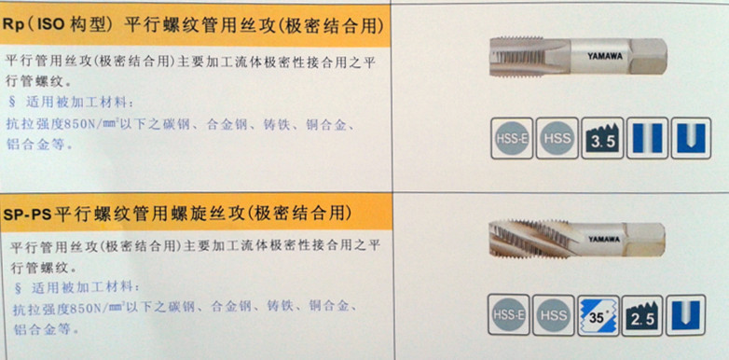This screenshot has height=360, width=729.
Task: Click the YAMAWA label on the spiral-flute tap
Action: (604, 239)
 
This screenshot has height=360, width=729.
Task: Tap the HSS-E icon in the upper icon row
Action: (512, 138)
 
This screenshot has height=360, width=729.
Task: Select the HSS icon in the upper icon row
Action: (557, 138)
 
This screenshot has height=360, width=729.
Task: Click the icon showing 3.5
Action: (602, 138)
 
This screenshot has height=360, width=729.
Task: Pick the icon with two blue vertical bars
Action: (647, 138)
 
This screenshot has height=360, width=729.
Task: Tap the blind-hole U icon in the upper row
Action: (692, 138)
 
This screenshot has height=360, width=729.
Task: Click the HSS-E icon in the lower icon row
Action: (508, 315)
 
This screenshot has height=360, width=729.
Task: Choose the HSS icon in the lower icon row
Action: (553, 315)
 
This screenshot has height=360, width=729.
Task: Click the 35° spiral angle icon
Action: (598, 315)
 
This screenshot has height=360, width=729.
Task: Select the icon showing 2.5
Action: (642, 315)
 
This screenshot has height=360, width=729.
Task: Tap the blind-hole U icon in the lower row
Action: (686, 315)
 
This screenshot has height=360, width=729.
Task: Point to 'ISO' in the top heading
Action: (50, 25)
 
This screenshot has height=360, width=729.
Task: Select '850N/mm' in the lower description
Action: (93, 308)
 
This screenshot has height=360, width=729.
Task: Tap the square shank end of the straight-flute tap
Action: (648, 57)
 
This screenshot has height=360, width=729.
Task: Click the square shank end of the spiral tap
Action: (645, 240)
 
